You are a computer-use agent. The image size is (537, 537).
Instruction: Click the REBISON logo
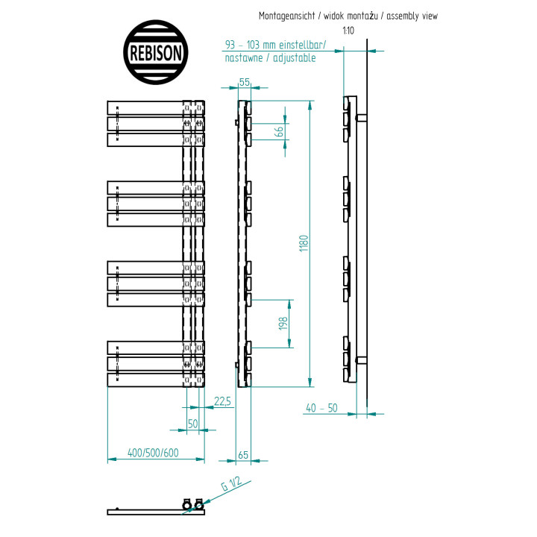point(155,52)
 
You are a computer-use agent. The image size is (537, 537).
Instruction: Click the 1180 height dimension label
point(304,243)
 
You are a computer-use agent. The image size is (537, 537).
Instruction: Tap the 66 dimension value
point(280,131)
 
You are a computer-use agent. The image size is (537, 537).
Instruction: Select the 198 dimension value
point(283,324)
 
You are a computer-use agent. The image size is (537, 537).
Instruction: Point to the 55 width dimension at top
point(245,82)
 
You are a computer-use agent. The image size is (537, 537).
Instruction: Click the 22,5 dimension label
point(222,401)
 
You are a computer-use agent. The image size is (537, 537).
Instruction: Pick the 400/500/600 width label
point(153,453)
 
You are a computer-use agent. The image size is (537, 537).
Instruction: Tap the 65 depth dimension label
point(243,455)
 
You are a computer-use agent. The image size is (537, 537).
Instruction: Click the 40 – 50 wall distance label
point(321,408)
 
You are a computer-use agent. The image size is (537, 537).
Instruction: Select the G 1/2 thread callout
point(231,483)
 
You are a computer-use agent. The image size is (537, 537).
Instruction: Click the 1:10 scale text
point(348,31)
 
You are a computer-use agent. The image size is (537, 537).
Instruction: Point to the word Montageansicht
point(286,16)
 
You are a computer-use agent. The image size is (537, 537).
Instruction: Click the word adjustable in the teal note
point(294,58)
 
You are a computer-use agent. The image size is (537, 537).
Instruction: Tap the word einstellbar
point(302,45)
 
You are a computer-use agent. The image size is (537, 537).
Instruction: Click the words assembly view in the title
point(412,16)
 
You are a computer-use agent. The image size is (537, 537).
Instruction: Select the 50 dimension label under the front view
point(193,424)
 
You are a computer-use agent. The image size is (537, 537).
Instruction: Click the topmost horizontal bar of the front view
point(156,108)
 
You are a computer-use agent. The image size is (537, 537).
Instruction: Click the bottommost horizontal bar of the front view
point(156,380)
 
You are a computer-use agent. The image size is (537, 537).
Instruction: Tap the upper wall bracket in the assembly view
point(361,118)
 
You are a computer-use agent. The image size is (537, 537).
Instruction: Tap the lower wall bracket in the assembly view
point(361,360)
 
